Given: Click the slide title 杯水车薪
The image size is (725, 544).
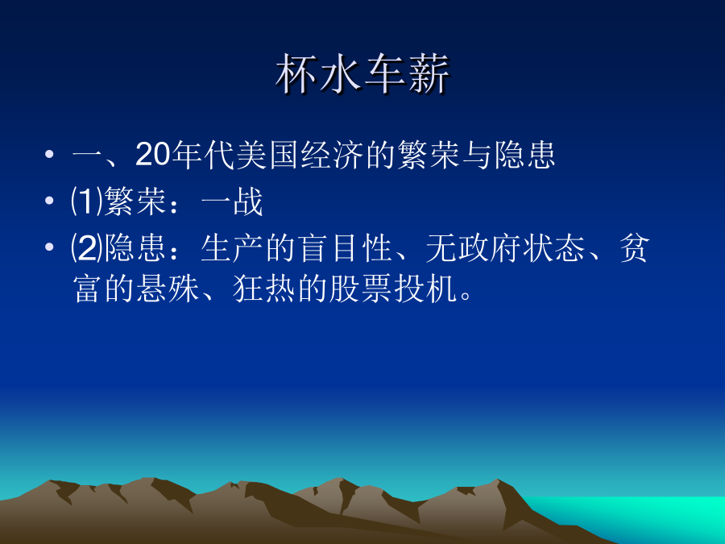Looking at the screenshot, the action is [x=362, y=74].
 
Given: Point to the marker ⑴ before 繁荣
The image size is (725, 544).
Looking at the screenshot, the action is [x=87, y=201].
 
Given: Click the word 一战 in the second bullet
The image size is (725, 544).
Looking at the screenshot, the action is [x=232, y=201].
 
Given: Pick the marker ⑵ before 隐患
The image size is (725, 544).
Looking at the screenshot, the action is [x=87, y=248].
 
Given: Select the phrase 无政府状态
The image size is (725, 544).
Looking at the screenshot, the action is [x=505, y=248].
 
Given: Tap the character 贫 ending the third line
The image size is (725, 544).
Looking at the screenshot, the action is [x=635, y=248].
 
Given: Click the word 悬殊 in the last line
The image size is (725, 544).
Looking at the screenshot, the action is [x=168, y=289].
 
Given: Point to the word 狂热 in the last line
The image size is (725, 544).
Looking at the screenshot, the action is [x=264, y=289].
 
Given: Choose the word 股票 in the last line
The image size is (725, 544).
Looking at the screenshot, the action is [x=361, y=289].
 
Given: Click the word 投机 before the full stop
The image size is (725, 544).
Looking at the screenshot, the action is [x=425, y=289].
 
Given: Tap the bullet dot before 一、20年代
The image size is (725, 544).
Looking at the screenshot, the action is [x=49, y=154].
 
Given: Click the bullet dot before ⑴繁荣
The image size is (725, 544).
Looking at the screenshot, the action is [x=49, y=201].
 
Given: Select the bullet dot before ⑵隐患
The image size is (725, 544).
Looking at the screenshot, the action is [x=49, y=247].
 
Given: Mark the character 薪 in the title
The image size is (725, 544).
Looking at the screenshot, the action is [x=429, y=74].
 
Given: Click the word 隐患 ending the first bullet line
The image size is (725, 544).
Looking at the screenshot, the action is [x=524, y=154].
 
